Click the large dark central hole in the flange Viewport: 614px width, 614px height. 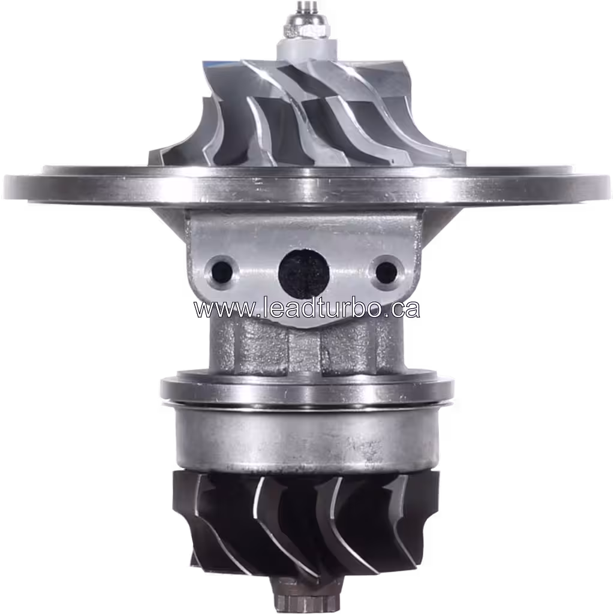pos(304,273)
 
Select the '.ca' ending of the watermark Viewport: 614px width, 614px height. pos(402,309)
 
